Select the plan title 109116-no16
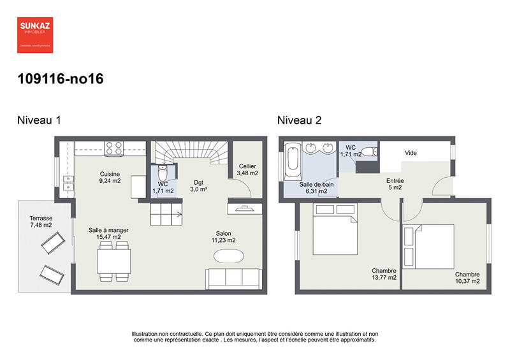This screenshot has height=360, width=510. click(61, 80)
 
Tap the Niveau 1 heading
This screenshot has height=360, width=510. click(39, 120)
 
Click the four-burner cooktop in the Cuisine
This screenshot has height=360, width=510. click(113, 148)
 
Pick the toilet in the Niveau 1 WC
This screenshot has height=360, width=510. click(163, 173)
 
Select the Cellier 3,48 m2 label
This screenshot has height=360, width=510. click(247, 169)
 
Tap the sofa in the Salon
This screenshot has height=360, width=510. click(233, 278)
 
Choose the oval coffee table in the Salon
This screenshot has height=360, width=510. click(228, 256)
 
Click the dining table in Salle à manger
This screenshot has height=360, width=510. click(113, 261)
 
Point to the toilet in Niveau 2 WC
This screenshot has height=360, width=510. click(372, 152)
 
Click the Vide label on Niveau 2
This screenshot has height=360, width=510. click(411, 154)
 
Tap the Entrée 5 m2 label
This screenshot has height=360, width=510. click(395, 184)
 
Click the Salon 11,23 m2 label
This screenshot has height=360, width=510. click(224, 236)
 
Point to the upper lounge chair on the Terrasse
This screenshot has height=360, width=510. click(52, 242)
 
